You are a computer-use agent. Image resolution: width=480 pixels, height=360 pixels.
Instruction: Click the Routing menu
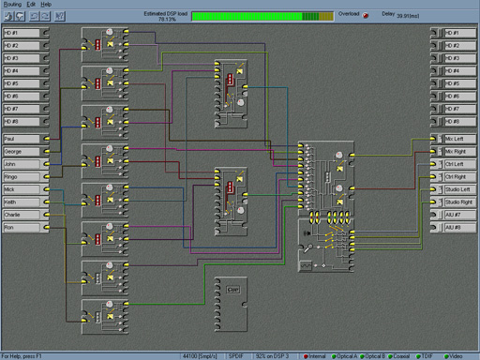11,5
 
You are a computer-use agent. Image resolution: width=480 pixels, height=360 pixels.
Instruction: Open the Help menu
45,5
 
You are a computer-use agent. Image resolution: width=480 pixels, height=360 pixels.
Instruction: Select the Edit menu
30,5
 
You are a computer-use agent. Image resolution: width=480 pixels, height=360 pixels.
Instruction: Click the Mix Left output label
457,138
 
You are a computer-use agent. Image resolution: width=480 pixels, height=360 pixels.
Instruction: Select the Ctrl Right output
457,176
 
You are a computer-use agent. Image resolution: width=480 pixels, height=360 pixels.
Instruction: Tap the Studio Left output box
457,189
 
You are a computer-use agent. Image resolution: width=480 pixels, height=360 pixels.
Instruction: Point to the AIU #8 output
457,228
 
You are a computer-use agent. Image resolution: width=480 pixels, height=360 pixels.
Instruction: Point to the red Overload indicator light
366,16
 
